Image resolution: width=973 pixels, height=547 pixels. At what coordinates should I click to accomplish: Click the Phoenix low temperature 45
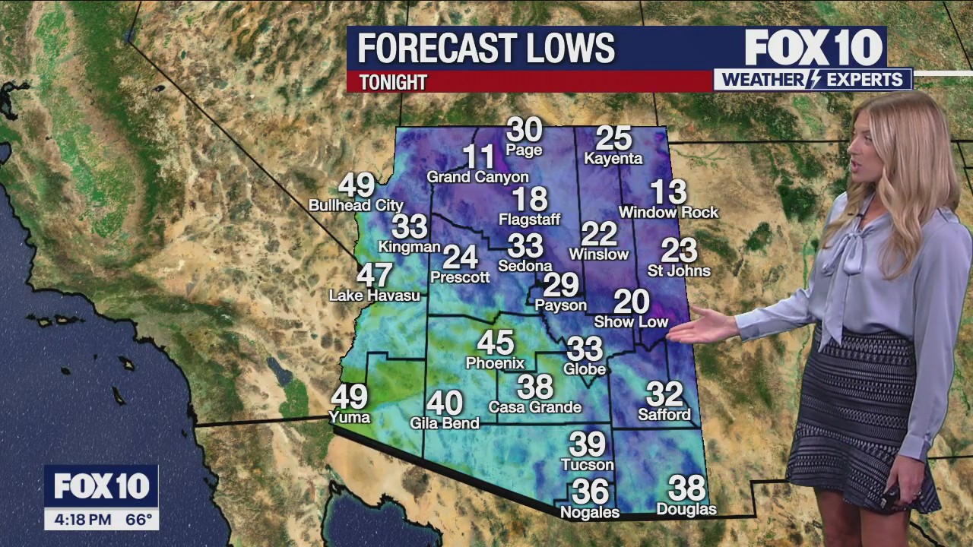(495, 343)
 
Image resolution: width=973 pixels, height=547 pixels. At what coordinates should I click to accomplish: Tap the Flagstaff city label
(529, 220)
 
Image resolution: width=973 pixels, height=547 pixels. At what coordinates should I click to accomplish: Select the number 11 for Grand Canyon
(479, 157)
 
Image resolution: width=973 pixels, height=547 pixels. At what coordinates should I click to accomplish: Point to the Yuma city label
(349, 416)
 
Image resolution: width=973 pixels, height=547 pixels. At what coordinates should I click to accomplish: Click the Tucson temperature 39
(587, 444)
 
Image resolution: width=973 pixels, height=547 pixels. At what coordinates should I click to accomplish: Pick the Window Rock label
(668, 212)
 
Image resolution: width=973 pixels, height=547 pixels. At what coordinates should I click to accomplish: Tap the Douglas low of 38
(686, 488)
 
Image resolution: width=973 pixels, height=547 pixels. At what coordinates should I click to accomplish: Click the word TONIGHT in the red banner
(392, 82)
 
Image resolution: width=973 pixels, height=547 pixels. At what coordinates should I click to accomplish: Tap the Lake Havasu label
(374, 295)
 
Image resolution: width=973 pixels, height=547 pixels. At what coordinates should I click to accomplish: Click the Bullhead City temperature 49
(356, 185)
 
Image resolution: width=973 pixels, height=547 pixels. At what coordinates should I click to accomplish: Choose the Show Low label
(630, 322)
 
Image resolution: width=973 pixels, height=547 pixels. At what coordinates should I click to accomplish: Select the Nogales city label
(589, 512)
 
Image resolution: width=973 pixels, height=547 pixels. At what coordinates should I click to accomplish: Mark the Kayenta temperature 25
(613, 138)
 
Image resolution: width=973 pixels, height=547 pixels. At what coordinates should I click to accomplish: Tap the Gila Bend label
(444, 423)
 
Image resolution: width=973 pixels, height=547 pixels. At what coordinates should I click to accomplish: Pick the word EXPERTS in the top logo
(873, 79)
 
